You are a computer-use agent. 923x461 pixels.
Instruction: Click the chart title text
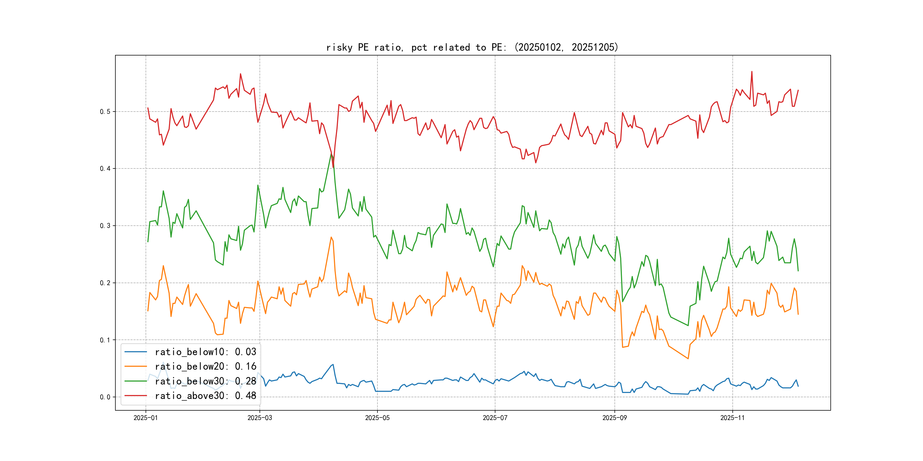coord(472,47)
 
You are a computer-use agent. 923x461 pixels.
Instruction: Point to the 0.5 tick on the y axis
coord(105,112)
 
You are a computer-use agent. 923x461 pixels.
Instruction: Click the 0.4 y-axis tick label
coord(105,168)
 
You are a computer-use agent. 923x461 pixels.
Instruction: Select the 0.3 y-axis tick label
coord(105,226)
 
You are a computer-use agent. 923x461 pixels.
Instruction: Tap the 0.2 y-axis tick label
coord(105,283)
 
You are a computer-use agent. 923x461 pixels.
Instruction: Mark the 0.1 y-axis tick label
coord(105,340)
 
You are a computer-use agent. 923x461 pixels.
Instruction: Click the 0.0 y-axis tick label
coord(105,397)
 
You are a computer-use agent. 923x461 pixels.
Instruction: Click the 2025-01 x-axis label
coord(146,418)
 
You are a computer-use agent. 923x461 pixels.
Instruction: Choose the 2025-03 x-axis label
coord(260,418)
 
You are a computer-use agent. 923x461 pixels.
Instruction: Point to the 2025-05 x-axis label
coord(377,418)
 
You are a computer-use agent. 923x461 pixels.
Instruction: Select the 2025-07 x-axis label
coord(495,418)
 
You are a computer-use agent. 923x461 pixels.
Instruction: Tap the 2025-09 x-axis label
coord(614,418)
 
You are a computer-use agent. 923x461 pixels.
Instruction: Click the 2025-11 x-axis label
coord(732,418)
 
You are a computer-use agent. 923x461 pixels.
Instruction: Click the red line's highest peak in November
coord(752,72)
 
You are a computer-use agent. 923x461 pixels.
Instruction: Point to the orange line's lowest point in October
coord(688,358)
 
